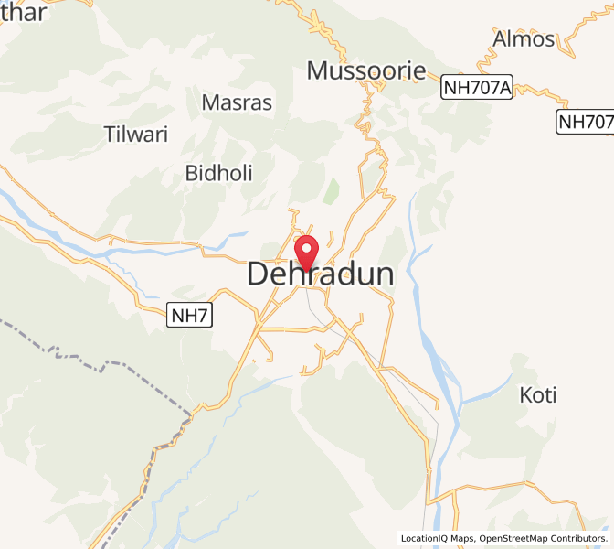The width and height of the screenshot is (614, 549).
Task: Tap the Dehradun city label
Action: coord(321,274)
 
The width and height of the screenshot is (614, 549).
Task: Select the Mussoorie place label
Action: coord(366,70)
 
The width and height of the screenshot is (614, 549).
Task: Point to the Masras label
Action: coord(237,102)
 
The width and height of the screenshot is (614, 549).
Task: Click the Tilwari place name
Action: coord(137,135)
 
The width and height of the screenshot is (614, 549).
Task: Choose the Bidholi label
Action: coord(218,173)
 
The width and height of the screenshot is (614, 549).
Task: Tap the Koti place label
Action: coord(538,395)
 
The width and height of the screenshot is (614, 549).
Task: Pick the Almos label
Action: coord(524,39)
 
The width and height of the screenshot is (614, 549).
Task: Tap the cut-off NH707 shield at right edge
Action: coord(586,122)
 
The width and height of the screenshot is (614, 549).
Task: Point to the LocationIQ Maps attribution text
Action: coord(438,538)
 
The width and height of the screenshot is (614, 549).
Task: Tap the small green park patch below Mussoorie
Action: coord(332,190)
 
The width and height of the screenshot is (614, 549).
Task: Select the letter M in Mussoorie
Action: coord(318,70)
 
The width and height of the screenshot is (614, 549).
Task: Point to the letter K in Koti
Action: coord(525,395)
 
